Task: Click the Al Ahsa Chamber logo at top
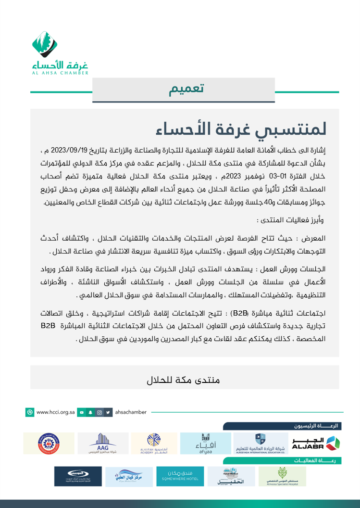pos(60,53)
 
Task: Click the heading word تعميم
pos(187,89)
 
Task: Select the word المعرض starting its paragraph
pos(314,239)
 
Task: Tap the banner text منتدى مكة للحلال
pos(183,380)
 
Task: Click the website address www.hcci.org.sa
pos(56,412)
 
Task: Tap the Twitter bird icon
pos(108,412)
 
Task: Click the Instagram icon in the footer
pos(99,412)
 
